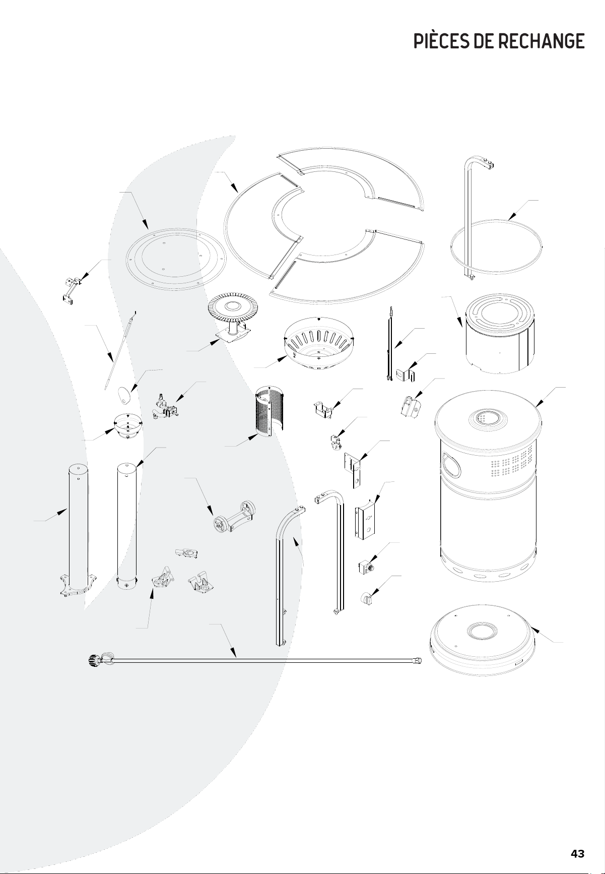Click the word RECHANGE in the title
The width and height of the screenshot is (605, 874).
[542, 41]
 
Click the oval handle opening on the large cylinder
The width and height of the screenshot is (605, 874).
[451, 464]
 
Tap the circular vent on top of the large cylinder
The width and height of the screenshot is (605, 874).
[485, 418]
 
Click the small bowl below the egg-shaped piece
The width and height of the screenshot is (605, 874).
[128, 426]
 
